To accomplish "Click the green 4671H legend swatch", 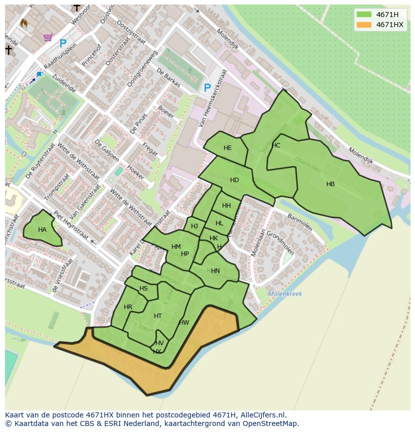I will pyautogui.click(x=364, y=15).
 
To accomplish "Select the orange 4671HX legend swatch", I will pyautogui.click(x=364, y=25).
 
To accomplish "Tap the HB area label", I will pyautogui.click(x=330, y=184).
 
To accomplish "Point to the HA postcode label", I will pyautogui.click(x=42, y=230).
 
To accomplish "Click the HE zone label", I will pyautogui.click(x=228, y=148).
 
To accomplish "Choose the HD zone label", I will pyautogui.click(x=234, y=180).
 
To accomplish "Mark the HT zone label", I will pyautogui.click(x=158, y=316).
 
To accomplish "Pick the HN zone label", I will pyautogui.click(x=215, y=271).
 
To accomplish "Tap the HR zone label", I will pyautogui.click(x=128, y=307).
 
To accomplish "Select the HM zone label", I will pyautogui.click(x=176, y=247).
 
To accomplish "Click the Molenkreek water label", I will pyautogui.click(x=285, y=294).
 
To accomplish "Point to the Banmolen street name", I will pyautogui.click(x=300, y=222).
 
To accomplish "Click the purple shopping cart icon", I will pyautogui.click(x=48, y=37).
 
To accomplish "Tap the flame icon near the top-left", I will pyautogui.click(x=24, y=23).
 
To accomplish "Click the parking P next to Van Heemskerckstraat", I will pyautogui.click(x=207, y=88).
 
